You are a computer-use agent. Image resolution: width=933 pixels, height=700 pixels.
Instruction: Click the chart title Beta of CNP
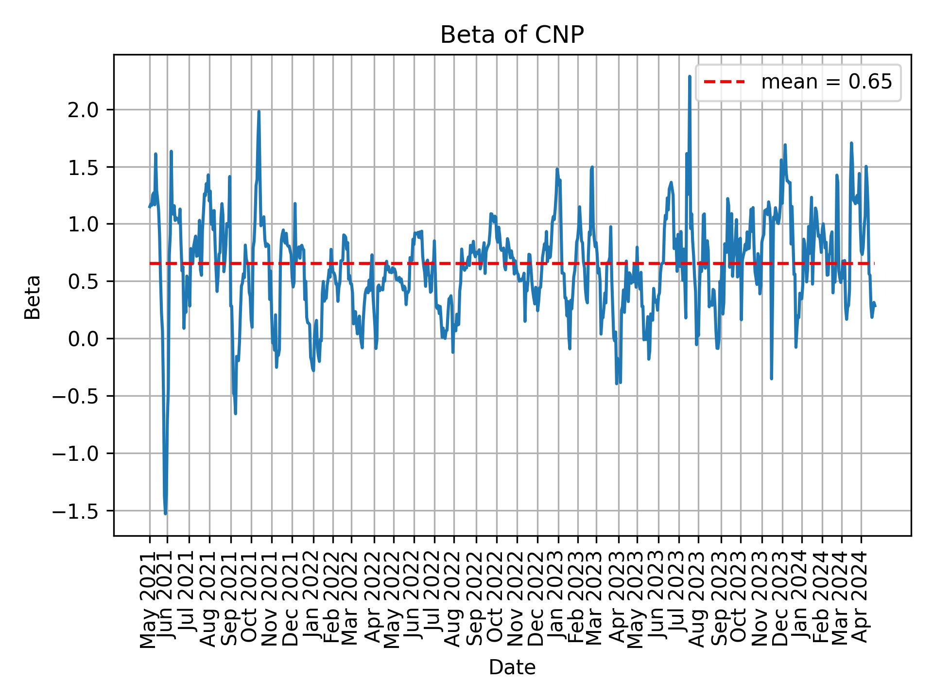point(512,35)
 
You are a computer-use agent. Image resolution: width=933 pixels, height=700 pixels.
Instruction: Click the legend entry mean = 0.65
point(826,82)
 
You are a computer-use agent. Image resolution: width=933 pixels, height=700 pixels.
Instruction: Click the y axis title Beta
point(33,297)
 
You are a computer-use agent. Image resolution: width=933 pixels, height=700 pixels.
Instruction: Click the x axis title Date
point(512,668)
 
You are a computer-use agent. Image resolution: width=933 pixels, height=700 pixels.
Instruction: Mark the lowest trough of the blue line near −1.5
point(166,513)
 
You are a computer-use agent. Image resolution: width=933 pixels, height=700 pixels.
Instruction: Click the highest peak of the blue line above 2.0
point(690,76)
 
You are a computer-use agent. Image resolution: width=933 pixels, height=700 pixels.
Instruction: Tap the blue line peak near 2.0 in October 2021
point(259,111)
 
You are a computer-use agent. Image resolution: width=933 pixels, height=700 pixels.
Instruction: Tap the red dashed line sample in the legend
point(724,82)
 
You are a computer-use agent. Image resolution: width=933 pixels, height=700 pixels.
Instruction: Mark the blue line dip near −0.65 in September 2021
point(236,414)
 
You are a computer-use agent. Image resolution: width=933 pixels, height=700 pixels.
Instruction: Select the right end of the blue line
point(875,306)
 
